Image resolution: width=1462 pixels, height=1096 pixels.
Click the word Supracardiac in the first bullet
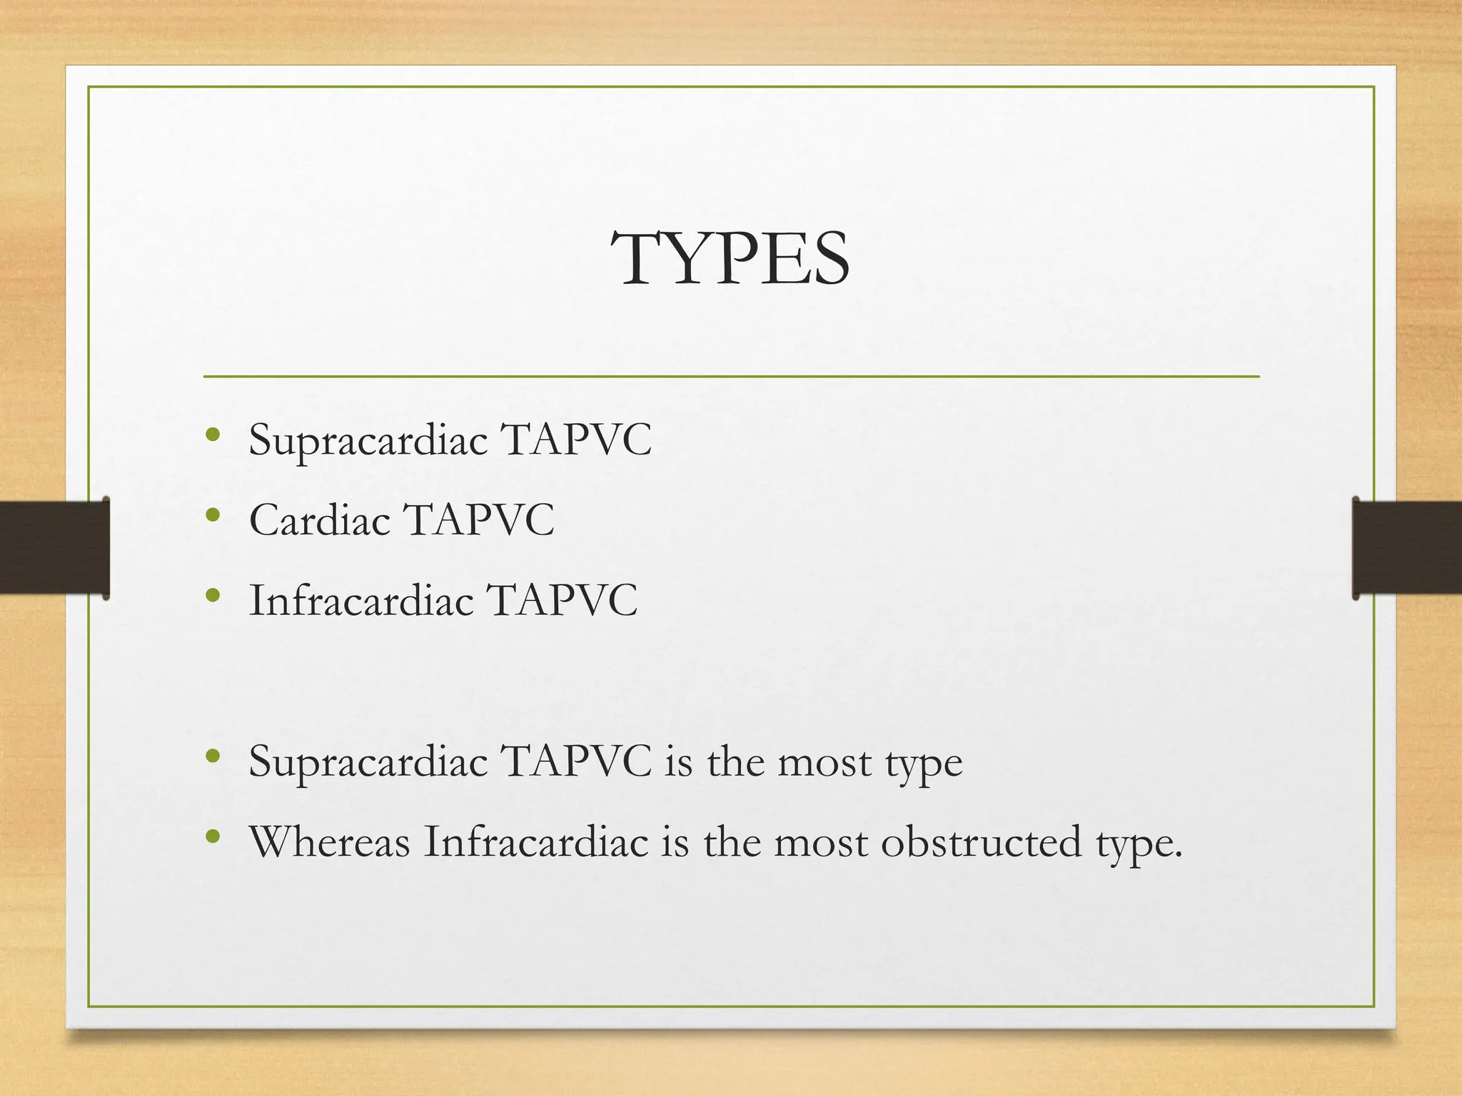(x=368, y=440)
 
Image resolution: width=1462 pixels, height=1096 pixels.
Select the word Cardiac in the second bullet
(x=319, y=519)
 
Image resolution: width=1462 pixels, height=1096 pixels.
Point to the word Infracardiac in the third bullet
(x=361, y=600)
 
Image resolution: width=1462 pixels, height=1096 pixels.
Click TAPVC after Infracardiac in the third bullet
(x=562, y=600)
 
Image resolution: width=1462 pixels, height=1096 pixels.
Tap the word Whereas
(x=329, y=842)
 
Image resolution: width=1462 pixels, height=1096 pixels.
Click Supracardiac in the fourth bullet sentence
(x=368, y=762)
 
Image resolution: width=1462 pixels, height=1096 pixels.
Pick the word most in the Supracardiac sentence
(x=824, y=762)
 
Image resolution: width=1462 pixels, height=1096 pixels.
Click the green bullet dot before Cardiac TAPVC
(x=212, y=514)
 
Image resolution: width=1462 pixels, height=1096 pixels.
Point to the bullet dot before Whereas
(x=212, y=836)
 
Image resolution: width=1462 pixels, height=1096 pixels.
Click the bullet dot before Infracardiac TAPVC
(x=212, y=594)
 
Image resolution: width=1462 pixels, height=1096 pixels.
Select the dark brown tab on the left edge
(x=54, y=548)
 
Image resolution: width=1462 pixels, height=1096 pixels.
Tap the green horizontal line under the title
(x=731, y=376)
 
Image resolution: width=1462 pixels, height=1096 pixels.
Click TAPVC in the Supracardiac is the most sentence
(x=576, y=762)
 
